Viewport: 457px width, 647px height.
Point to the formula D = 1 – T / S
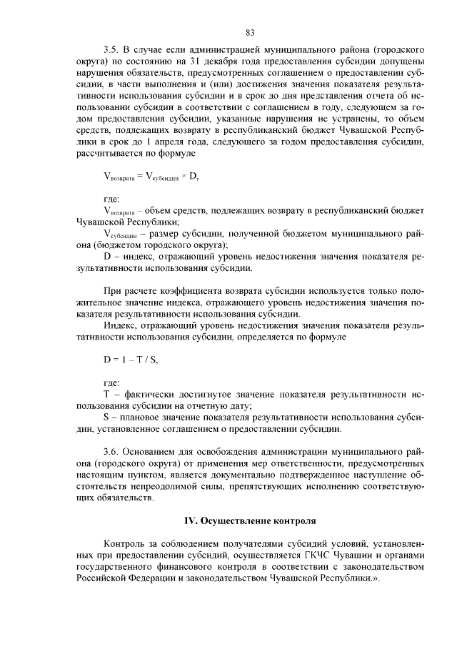[131, 360]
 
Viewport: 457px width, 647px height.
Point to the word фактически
[146, 394]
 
